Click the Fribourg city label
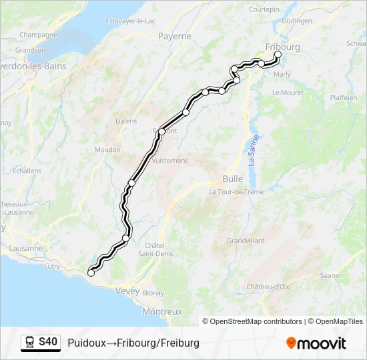pos(283,47)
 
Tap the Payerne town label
pos(175,36)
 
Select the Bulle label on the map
pos(232,179)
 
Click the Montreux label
pos(162,311)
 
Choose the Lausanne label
pos(27,248)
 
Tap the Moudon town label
pos(107,149)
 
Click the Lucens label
pos(125,121)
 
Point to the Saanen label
pos(331,275)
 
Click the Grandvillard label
pos(246,240)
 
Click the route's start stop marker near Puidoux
pos(91,273)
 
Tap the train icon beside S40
pos(30,342)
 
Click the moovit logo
pos(316,343)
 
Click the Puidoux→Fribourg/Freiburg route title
pos(133,343)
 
